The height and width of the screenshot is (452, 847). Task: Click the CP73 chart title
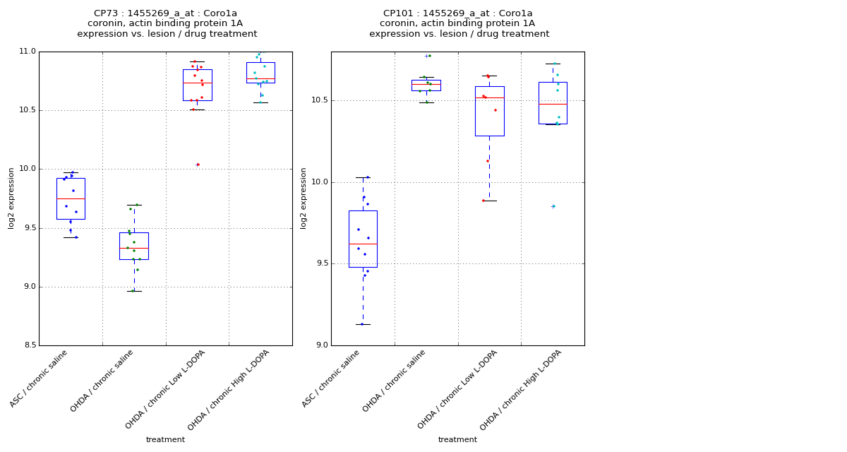click(167, 23)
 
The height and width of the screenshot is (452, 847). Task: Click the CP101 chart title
click(459, 23)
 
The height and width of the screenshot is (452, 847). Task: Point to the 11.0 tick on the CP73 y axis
click(28, 52)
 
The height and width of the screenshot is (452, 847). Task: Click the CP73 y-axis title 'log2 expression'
click(11, 198)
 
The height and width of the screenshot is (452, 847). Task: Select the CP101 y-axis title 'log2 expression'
click(304, 198)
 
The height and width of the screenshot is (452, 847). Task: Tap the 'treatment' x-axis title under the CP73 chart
click(165, 440)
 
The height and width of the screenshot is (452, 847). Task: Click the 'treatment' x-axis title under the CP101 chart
click(457, 440)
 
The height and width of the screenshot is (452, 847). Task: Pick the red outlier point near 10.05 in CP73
click(198, 165)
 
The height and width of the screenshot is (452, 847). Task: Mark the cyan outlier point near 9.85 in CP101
click(553, 206)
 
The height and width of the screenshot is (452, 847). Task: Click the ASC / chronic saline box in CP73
click(71, 198)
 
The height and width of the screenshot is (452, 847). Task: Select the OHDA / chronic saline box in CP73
click(134, 246)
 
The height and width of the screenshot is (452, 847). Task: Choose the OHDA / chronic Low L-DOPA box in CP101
click(489, 111)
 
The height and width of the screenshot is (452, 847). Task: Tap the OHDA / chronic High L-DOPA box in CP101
click(553, 103)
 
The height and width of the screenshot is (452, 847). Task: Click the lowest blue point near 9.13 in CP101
click(362, 324)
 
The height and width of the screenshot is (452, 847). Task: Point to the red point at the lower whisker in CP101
click(483, 201)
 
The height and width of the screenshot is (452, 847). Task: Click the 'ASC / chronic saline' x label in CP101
click(332, 379)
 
